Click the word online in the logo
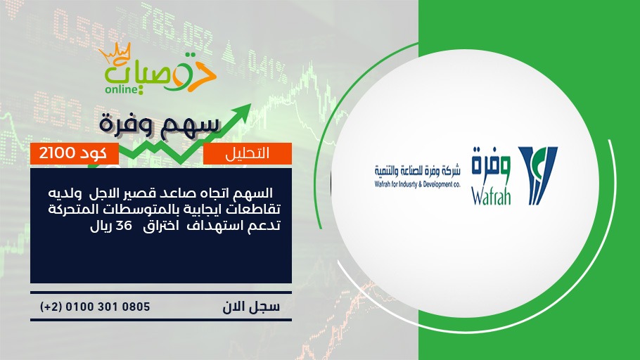122,89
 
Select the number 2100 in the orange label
57,153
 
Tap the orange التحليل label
248,153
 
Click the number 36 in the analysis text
124,225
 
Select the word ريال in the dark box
101,226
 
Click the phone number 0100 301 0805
108,307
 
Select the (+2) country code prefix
51,307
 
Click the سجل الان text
251,307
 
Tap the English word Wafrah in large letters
491,195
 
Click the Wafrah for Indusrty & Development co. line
418,184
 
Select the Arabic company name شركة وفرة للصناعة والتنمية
418,171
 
